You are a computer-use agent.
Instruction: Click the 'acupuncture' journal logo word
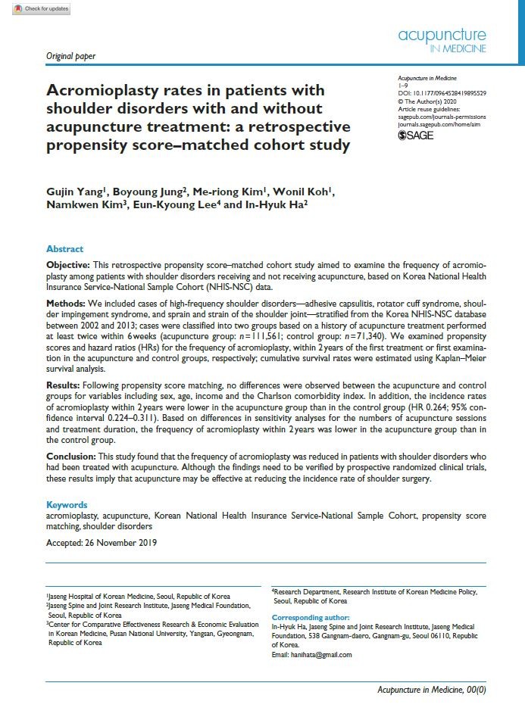click(x=442, y=35)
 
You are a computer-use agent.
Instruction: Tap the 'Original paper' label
click(x=70, y=56)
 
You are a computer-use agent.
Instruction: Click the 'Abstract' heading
click(x=65, y=249)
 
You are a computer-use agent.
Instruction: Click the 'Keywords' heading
click(x=67, y=505)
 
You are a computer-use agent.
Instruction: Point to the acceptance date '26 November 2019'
click(x=120, y=542)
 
